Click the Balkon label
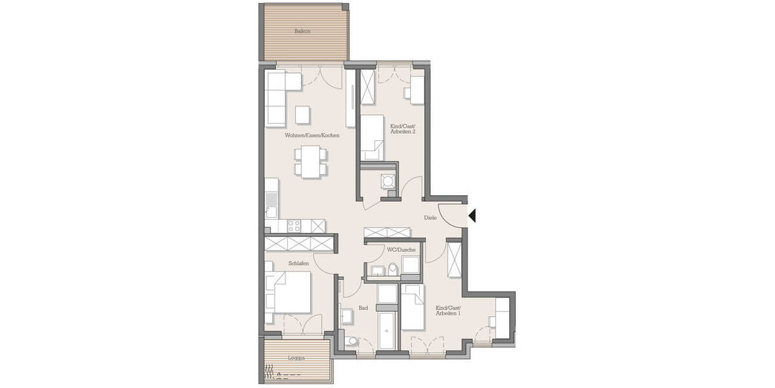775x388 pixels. (303, 30)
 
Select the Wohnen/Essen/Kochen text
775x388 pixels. (312, 136)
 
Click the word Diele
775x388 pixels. (430, 218)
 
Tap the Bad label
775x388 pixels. (363, 308)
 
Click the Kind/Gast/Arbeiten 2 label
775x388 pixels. (403, 125)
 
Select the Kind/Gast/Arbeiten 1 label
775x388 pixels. (448, 310)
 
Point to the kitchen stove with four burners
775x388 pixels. (294, 225)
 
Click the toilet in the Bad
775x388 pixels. (350, 342)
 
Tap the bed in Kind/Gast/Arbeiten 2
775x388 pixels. (372, 136)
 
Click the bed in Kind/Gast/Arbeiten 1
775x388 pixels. (412, 310)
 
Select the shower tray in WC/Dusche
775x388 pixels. (410, 265)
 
